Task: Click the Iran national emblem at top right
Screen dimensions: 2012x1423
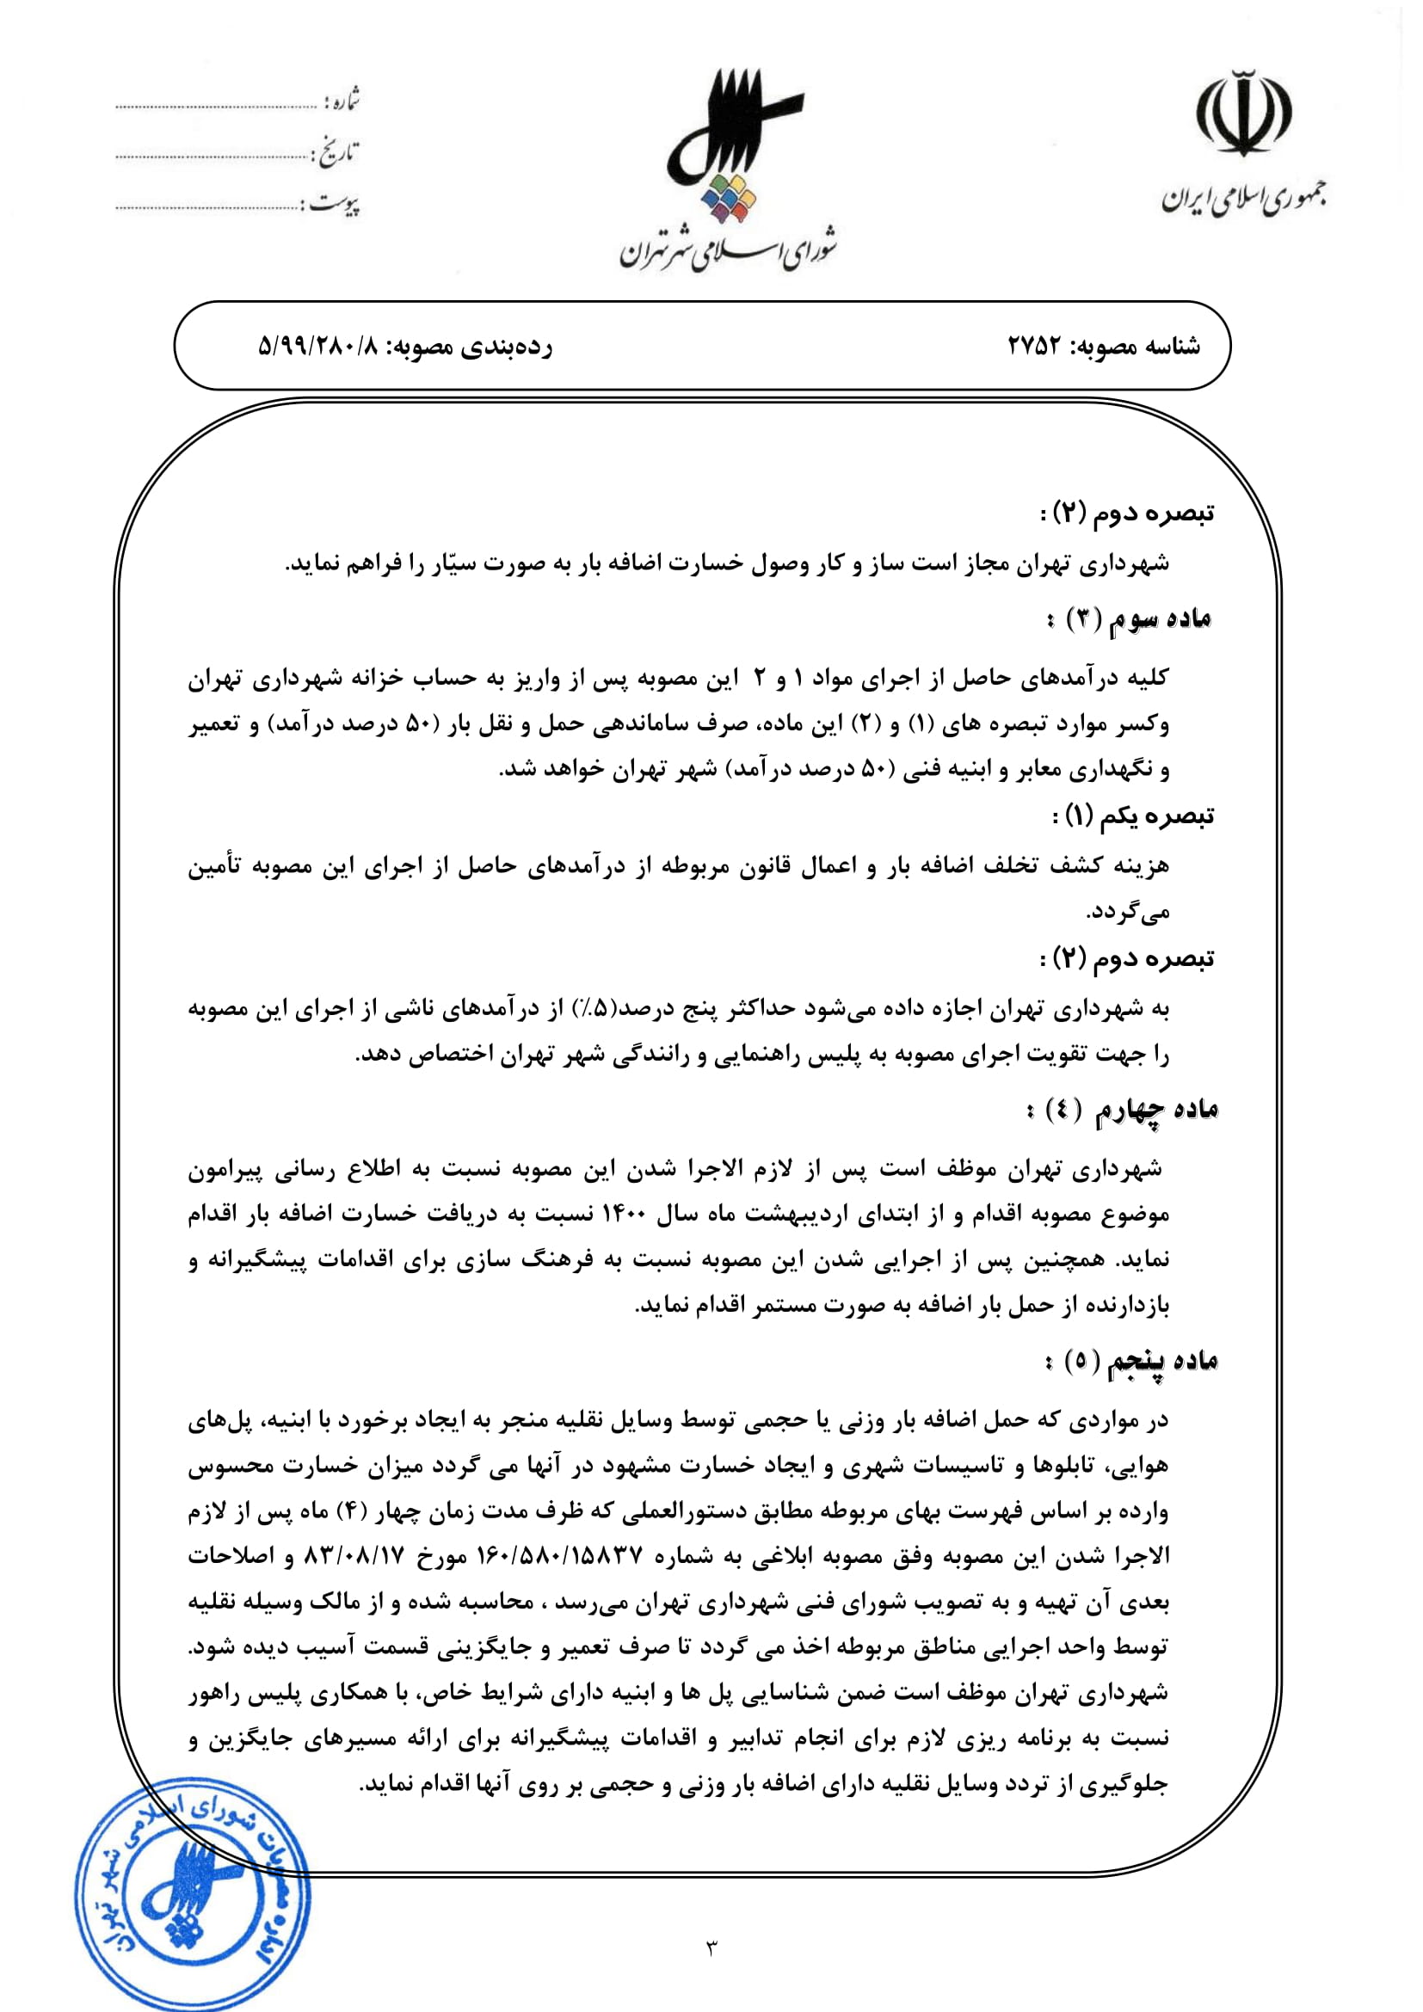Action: pos(1243,113)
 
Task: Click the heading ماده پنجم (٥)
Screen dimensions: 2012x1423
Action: pos(1131,1361)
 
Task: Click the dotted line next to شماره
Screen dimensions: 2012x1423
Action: pos(216,107)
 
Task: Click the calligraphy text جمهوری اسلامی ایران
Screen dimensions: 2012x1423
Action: pos(1243,200)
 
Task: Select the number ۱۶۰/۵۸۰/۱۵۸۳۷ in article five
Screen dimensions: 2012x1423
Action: pos(561,1557)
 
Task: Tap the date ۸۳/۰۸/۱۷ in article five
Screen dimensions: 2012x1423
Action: pos(354,1557)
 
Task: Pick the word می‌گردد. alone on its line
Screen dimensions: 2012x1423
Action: pos(1128,912)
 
